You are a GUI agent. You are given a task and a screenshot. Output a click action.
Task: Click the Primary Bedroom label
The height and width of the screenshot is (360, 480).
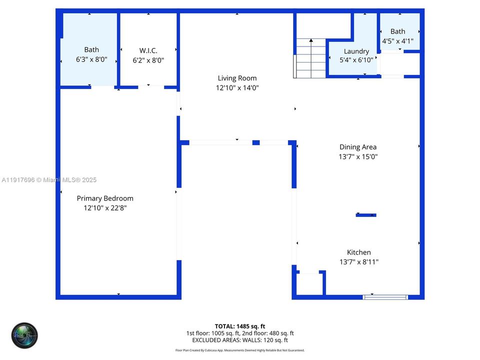pyautogui.click(x=105, y=198)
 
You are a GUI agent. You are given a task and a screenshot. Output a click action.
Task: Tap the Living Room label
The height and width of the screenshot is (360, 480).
pyautogui.click(x=237, y=78)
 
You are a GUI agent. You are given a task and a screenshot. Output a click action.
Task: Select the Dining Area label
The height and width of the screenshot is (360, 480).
pyautogui.click(x=357, y=147)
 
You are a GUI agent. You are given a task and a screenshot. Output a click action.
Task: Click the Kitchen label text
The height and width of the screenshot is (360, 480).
pyautogui.click(x=359, y=252)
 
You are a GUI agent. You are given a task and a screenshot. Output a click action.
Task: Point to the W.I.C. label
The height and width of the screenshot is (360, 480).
pyautogui.click(x=148, y=50)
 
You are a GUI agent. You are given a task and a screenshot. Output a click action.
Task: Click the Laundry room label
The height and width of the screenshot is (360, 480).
pyautogui.click(x=356, y=51)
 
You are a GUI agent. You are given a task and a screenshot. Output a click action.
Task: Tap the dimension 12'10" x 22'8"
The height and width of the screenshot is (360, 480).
pyautogui.click(x=105, y=208)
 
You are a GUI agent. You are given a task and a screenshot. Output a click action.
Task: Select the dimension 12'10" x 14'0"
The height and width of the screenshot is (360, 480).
pyautogui.click(x=237, y=88)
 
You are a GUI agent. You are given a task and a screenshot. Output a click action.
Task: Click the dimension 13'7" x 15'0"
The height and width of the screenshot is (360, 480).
pyautogui.click(x=357, y=156)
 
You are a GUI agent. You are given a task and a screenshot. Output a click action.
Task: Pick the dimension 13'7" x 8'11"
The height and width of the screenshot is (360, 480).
pyautogui.click(x=359, y=262)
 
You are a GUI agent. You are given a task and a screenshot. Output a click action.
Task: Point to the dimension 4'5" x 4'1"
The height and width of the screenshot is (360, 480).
pyautogui.click(x=398, y=41)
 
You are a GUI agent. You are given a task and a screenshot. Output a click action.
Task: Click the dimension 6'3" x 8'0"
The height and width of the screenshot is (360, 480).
pyautogui.click(x=91, y=59)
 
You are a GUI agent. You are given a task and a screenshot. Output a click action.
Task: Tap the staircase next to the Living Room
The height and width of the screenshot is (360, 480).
pyautogui.click(x=310, y=58)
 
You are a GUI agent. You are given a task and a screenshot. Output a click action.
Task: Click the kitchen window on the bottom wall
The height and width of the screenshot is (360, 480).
pyautogui.click(x=385, y=297)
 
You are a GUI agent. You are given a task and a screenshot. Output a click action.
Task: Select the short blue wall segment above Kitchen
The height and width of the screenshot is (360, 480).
pyautogui.click(x=365, y=215)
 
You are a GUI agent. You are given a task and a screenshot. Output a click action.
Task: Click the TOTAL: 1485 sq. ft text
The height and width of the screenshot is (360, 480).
pyautogui.click(x=239, y=326)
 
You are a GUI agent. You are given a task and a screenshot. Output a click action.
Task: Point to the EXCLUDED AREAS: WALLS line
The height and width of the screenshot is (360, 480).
pyautogui.click(x=239, y=339)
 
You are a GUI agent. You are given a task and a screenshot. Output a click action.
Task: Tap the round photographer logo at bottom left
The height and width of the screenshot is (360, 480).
pyautogui.click(x=24, y=335)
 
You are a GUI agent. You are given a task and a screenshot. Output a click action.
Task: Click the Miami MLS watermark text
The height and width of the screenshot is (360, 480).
pyautogui.click(x=49, y=180)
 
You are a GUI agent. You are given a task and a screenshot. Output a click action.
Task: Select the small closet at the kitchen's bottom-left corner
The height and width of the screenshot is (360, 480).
pyautogui.click(x=309, y=284)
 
